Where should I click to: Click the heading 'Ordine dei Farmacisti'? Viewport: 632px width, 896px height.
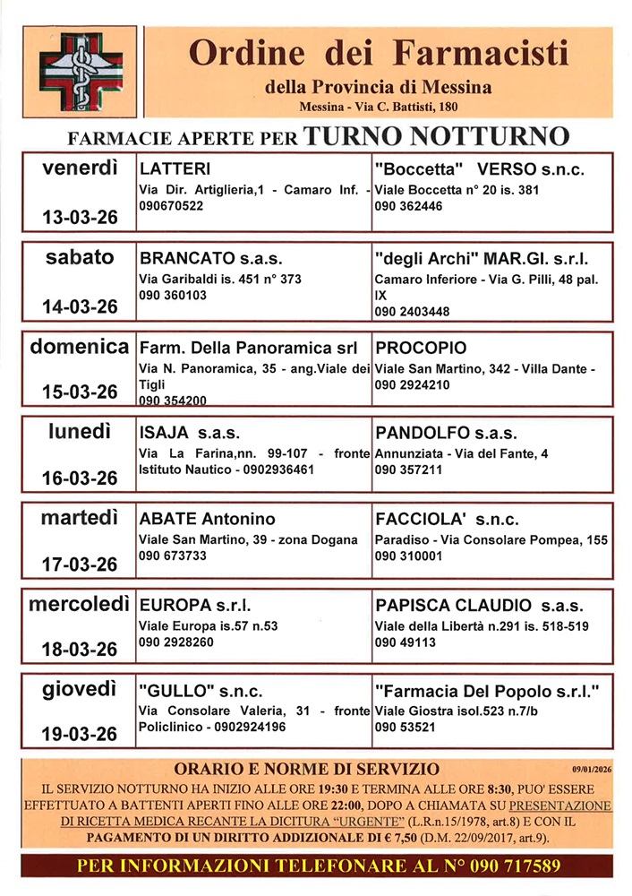(378, 55)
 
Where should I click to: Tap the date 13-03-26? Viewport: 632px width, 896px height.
(81, 217)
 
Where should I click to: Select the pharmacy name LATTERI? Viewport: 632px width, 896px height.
(175, 169)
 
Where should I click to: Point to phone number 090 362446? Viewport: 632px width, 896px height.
(408, 205)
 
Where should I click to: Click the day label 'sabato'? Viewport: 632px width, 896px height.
(81, 257)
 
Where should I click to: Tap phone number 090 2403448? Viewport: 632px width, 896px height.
(412, 311)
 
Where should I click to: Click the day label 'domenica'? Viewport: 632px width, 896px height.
(81, 347)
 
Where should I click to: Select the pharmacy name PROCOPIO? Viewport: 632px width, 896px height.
(422, 348)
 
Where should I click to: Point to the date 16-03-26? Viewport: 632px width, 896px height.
(81, 478)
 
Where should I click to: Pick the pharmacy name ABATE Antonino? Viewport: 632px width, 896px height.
(207, 520)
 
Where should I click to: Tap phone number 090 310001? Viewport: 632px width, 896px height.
(408, 556)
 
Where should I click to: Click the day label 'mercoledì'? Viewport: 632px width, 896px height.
(81, 604)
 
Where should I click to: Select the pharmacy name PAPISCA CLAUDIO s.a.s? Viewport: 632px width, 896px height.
(479, 605)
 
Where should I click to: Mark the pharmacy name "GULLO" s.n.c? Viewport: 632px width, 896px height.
(201, 691)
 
